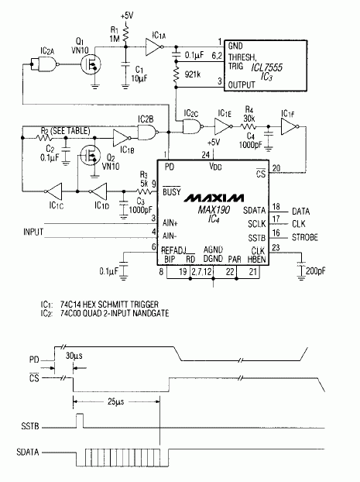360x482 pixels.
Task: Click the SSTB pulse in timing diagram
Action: click(79, 421)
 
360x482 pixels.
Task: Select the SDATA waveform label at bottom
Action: click(28, 450)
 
